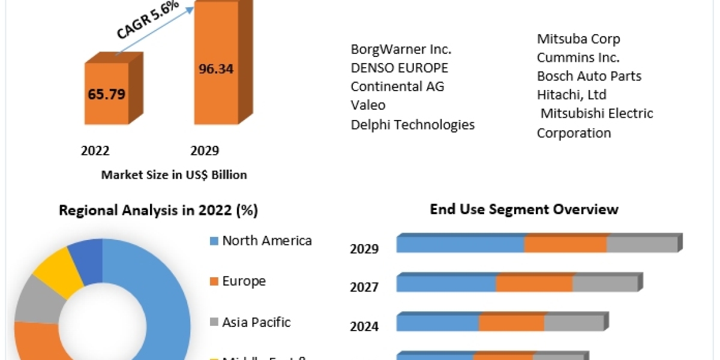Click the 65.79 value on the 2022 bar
point(106,94)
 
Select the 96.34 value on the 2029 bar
point(216,68)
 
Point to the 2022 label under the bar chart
point(95,151)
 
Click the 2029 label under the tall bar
point(205,151)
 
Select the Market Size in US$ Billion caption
point(174,175)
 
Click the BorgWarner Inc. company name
point(401,49)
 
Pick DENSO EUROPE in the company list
point(399,68)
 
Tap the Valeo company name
point(368,105)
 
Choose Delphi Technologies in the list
point(412,124)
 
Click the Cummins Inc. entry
point(578,58)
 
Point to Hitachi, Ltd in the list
point(571,95)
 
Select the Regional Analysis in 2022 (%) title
point(158,211)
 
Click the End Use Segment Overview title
point(524,209)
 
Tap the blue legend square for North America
point(213,241)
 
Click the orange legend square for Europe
point(213,281)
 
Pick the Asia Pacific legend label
point(256,322)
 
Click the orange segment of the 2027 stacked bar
point(534,284)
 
